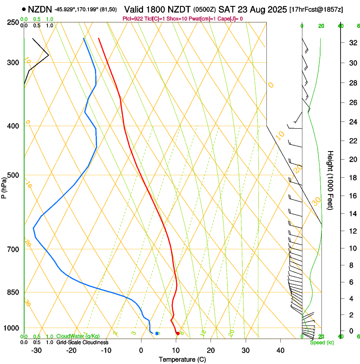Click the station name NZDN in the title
pos(40,9)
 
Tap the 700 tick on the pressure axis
pos(14,249)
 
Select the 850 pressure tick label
pos(14,292)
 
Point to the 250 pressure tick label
pos(14,22)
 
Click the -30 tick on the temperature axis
pos(36,350)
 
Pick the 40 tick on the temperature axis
pos(280,350)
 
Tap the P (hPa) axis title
pos(4,187)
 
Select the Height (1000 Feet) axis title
pos(330,180)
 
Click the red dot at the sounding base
pos(177,334)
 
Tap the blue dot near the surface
pos(157,334)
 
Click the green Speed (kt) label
pos(322,342)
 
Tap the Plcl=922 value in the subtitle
pos(133,19)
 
